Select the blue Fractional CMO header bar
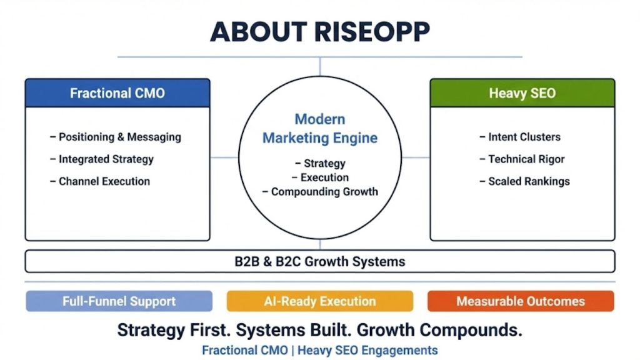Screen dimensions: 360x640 [117, 93]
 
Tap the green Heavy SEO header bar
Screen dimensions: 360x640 [522, 93]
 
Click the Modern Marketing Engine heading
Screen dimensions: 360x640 [320, 128]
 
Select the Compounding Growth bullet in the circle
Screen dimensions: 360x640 [324, 192]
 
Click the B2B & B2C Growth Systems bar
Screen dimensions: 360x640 [319, 261]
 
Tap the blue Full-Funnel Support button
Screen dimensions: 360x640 [119, 301]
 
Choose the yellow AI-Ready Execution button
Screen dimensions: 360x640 [319, 301]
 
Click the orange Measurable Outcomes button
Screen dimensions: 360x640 [521, 301]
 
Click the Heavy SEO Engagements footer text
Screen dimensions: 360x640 [367, 350]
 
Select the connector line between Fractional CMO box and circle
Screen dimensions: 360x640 [224, 157]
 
